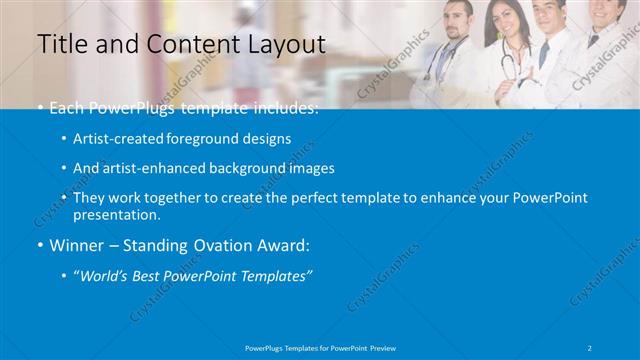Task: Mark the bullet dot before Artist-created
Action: tap(64, 139)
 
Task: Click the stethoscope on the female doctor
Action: tap(508, 65)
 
